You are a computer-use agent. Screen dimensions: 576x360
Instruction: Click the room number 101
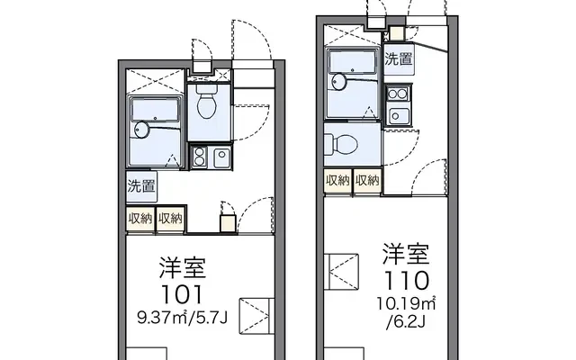coord(183,294)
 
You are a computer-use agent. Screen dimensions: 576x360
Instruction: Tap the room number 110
coord(406,281)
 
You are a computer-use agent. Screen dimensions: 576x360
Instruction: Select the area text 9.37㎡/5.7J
coord(183,318)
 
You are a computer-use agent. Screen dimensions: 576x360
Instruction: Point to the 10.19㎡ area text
coord(406,303)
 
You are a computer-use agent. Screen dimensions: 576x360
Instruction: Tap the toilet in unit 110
coord(341,144)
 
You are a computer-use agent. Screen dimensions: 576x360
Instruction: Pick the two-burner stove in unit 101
coord(200,157)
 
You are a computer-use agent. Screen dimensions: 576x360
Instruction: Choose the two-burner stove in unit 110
coord(398,94)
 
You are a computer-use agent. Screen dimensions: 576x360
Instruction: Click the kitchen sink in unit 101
coord(222,157)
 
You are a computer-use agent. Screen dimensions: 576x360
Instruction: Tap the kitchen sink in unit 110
coord(398,116)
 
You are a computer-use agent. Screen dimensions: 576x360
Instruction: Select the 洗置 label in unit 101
coord(141,186)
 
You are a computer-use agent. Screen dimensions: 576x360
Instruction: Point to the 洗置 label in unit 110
coord(399,59)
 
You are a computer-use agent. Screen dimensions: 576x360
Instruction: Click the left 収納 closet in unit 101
coord(140,219)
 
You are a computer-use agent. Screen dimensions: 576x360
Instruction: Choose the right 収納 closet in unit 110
coord(367,180)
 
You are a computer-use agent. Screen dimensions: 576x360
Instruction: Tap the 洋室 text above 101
coord(183,268)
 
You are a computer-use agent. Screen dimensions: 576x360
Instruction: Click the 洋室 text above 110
coord(406,254)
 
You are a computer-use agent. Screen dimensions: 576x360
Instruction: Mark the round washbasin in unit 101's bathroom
coord(142,130)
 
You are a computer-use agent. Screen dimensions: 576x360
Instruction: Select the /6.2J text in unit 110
coord(406,322)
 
